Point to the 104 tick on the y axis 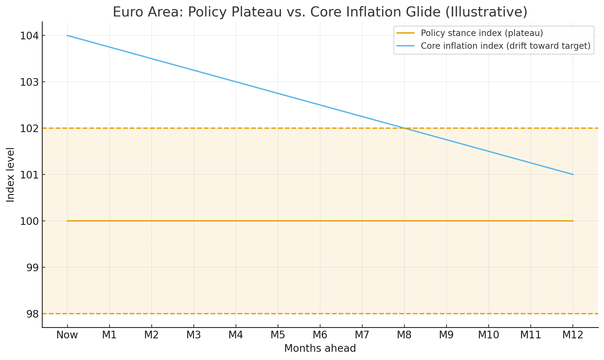click(x=29, y=36)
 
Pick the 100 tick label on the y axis click(x=29, y=221)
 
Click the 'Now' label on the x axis click(x=67, y=335)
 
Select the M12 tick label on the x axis click(x=573, y=335)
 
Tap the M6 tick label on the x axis click(x=320, y=335)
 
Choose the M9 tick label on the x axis click(x=446, y=335)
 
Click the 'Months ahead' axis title click(x=320, y=348)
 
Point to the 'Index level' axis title click(x=11, y=175)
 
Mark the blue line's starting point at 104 click(x=67, y=35)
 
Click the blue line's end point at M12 click(x=573, y=175)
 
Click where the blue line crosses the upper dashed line click(x=404, y=128)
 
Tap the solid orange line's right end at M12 click(x=573, y=221)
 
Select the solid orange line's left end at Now click(x=67, y=221)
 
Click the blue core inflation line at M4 click(x=236, y=82)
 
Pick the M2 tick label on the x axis click(x=151, y=335)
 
